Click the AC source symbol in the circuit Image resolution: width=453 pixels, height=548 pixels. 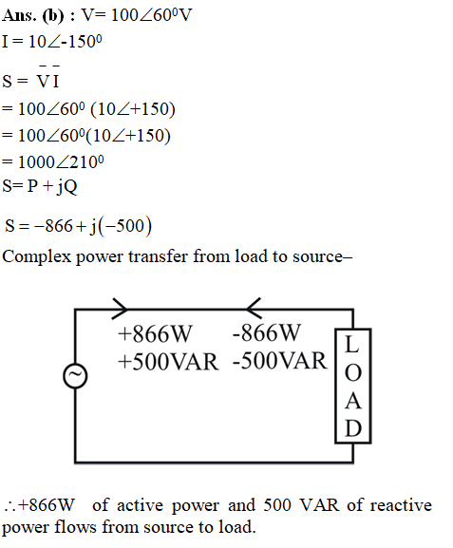(x=75, y=376)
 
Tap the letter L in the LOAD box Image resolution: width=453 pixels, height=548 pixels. (x=352, y=344)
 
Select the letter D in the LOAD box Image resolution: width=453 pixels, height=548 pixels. (x=352, y=427)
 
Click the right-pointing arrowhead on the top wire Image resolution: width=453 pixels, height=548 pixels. (x=121, y=309)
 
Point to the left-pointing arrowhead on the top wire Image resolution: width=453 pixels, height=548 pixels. (x=254, y=309)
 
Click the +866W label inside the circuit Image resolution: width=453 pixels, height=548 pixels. (x=155, y=333)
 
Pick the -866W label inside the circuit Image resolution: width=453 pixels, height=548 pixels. (x=266, y=332)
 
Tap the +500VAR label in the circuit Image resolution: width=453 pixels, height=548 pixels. (x=168, y=361)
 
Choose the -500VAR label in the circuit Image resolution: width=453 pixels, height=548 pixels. (x=279, y=360)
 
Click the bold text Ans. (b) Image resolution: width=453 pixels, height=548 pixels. (x=33, y=15)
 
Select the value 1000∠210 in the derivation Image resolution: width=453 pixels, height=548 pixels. (x=61, y=161)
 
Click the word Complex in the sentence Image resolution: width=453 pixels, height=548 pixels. (x=36, y=256)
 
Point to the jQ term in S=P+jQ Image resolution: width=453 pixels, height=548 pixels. (x=66, y=186)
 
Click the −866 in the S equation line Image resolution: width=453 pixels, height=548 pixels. (x=53, y=225)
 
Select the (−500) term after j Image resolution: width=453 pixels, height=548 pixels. (x=125, y=226)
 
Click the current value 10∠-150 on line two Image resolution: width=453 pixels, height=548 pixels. (x=65, y=42)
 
